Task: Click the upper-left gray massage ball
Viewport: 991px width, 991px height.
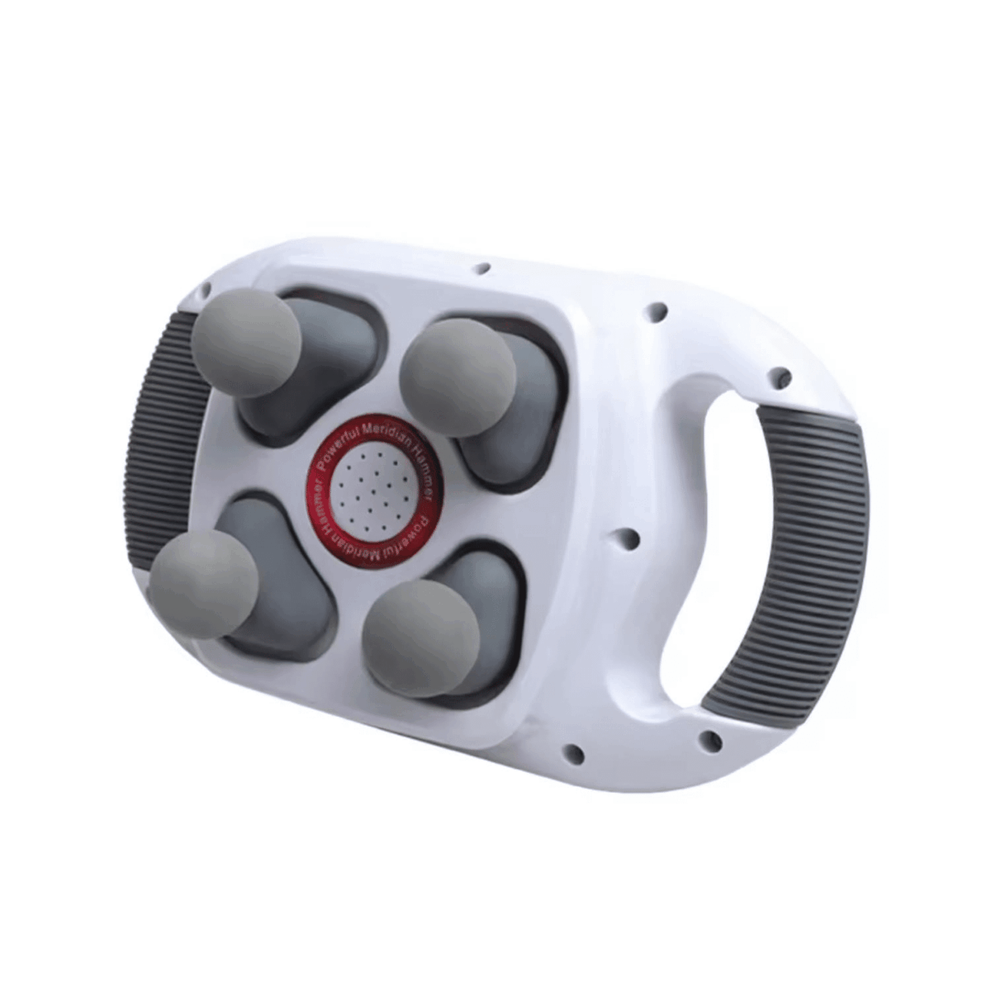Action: click(x=246, y=343)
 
